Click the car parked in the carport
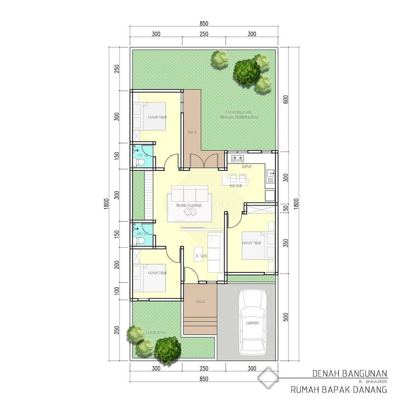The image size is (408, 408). tap(253, 322)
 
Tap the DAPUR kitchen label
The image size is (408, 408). tap(246, 166)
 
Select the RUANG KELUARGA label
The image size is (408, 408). tap(189, 205)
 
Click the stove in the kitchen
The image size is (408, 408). tap(238, 158)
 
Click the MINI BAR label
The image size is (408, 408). tap(236, 186)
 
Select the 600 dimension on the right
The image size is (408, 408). tap(286, 99)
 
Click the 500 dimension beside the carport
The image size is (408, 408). tap(286, 317)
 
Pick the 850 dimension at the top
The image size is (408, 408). tap(204, 23)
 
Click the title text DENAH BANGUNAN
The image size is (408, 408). tap(350, 374)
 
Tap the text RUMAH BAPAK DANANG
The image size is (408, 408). tap(339, 390)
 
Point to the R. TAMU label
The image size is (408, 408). tap(200, 256)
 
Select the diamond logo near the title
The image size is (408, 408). tap(268, 378)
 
